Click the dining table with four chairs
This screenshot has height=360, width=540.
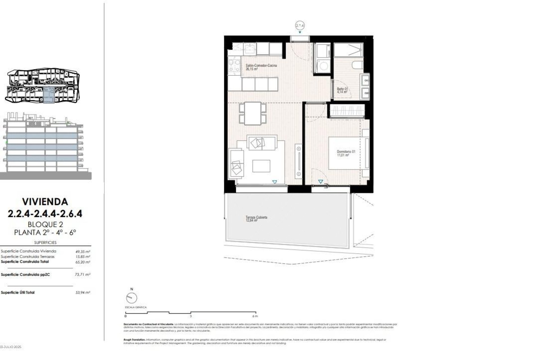(253, 113)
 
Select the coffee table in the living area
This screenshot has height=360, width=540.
(261, 166)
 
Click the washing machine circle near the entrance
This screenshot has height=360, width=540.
(323, 67)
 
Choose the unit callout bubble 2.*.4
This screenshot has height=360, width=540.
(300, 26)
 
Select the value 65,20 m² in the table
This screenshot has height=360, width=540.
(85, 262)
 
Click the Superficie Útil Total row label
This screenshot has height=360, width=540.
(18, 292)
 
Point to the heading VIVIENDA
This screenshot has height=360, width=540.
(45, 202)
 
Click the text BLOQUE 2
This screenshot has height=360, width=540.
(45, 224)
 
